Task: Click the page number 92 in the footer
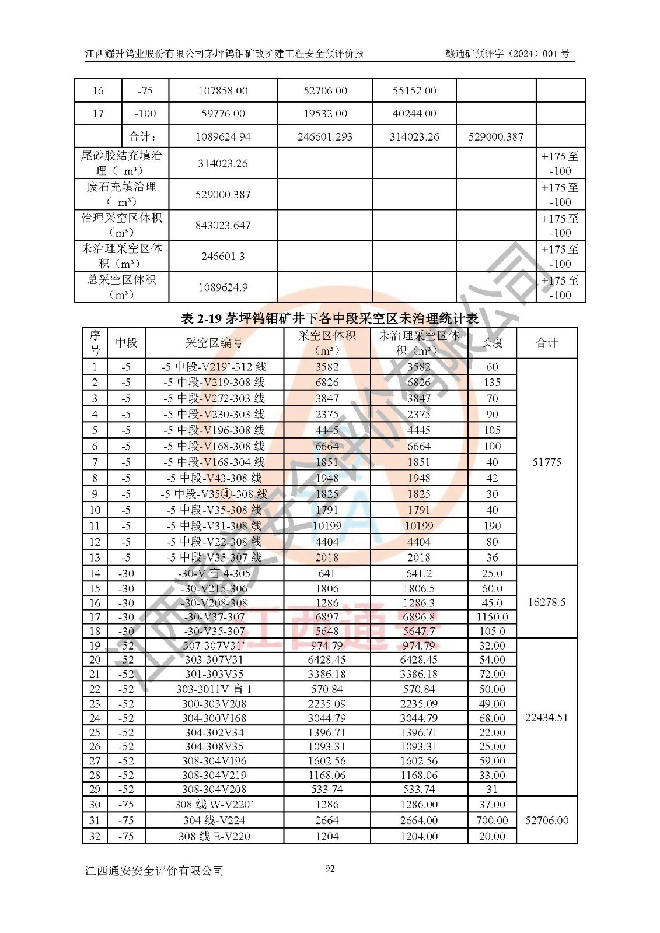[x=330, y=869]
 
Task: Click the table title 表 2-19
[x=329, y=318]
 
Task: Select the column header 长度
[x=492, y=343]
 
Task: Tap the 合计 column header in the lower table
[x=547, y=343]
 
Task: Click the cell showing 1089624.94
[x=223, y=136]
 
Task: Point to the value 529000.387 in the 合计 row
[x=495, y=136]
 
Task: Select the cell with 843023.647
[x=223, y=225]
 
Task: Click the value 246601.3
[x=223, y=256]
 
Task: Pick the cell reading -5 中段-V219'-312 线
[x=214, y=367]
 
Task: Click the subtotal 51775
[x=547, y=462]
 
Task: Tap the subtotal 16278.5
[x=547, y=602]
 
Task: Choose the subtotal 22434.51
[x=547, y=717]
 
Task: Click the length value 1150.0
[x=492, y=616]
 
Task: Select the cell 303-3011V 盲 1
[x=214, y=689]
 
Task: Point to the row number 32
[x=95, y=836]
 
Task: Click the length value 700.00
[x=492, y=820]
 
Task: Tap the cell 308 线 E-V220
[x=214, y=836]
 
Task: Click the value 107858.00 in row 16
[x=223, y=90]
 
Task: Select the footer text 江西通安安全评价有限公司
[x=154, y=871]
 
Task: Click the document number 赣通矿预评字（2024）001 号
[x=507, y=54]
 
